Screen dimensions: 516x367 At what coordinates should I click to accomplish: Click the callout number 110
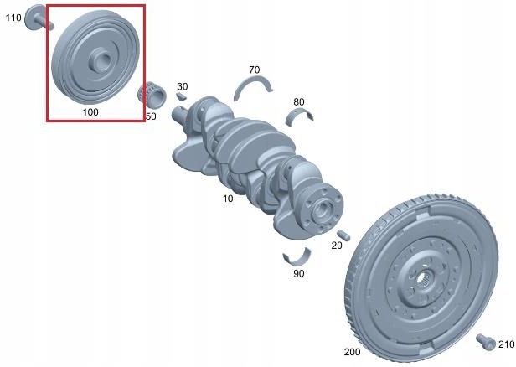[x=13, y=18]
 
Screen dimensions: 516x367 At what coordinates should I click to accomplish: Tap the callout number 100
[x=90, y=112]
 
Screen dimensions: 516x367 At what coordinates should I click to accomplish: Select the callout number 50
[x=151, y=116]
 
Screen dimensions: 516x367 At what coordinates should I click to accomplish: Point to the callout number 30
[x=183, y=86]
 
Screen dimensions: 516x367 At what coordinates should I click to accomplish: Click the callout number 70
[x=254, y=70]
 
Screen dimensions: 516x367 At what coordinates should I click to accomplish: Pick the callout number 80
[x=298, y=102]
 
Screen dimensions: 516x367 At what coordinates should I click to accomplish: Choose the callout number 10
[x=228, y=199]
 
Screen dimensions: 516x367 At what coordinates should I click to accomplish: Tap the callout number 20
[x=337, y=246]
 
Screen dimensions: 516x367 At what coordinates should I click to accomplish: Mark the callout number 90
[x=298, y=273]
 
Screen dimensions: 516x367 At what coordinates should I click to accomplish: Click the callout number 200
[x=352, y=352]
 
